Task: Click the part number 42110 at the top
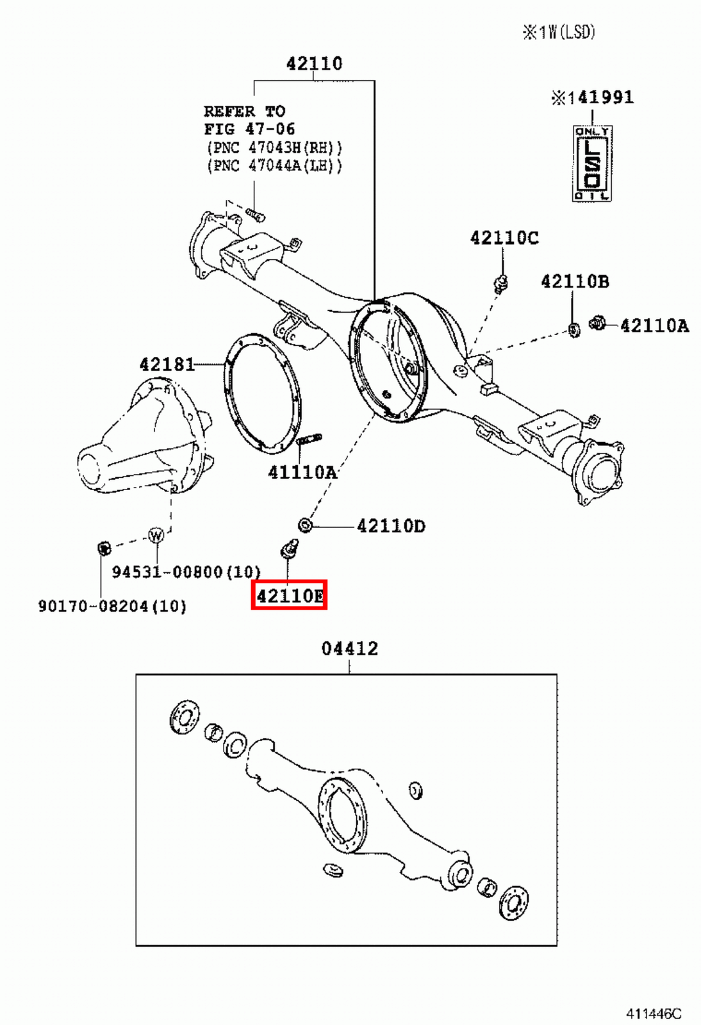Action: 314,63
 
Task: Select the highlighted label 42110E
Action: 290,596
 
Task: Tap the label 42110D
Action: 391,526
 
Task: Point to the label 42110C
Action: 504,238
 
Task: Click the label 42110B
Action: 575,281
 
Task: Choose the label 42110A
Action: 654,325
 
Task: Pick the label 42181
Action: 167,365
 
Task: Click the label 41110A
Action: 302,472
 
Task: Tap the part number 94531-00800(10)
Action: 186,571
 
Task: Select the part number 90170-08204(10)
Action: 112,605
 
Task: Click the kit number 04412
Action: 349,648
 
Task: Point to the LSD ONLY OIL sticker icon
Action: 591,164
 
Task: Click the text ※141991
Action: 592,97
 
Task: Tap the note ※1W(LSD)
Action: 559,32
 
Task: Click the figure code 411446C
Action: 654,1013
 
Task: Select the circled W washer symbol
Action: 156,535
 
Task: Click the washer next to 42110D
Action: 306,525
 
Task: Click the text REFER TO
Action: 245,111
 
